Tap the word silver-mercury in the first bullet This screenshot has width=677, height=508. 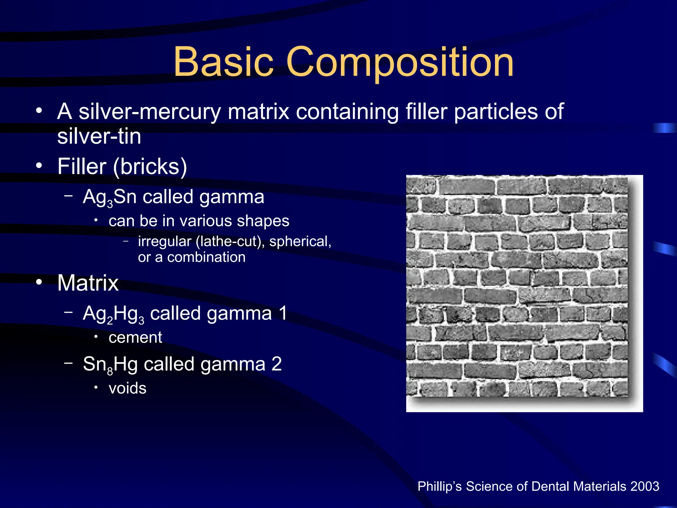point(149,112)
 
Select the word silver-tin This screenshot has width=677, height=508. point(99,136)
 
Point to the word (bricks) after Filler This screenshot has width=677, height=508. point(150,166)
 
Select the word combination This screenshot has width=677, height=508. point(206,257)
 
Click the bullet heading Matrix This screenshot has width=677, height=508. point(88,283)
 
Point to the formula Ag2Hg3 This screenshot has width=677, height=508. point(113,314)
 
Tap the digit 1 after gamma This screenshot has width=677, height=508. point(283,313)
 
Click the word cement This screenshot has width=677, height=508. point(135,338)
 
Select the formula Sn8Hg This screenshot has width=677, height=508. point(110,365)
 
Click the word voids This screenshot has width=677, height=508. point(127,388)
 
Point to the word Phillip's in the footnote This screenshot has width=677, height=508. point(440,487)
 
